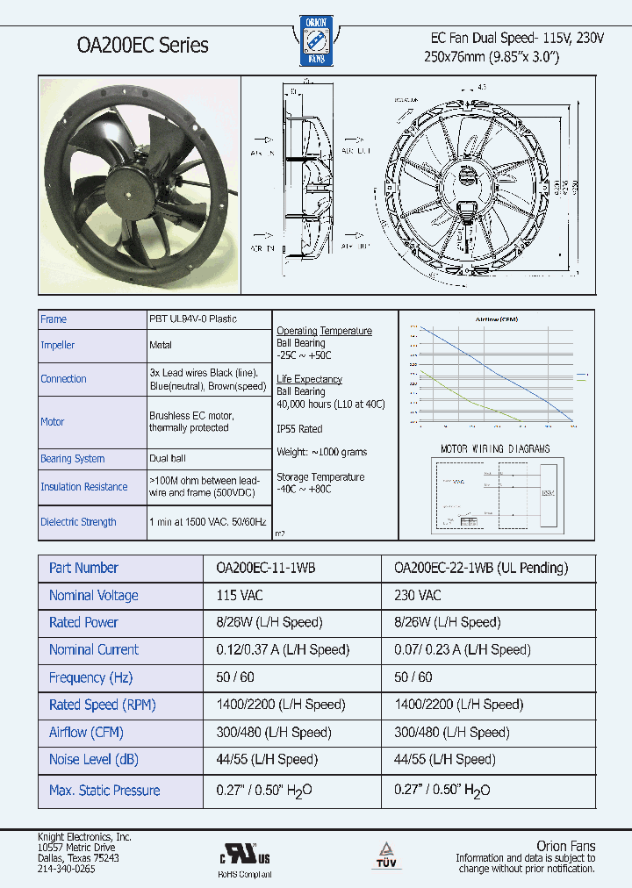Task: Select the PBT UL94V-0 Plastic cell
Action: click(193, 319)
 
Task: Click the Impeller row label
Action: click(58, 346)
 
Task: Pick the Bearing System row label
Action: click(72, 459)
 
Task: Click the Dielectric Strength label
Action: click(78, 522)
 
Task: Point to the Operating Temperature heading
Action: click(324, 331)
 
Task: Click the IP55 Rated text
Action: click(299, 429)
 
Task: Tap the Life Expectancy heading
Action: click(309, 379)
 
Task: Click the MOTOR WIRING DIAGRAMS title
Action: click(495, 449)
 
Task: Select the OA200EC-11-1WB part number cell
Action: click(265, 568)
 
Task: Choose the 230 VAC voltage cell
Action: click(418, 595)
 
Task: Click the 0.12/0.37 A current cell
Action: click(283, 650)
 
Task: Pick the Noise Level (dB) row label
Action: click(94, 760)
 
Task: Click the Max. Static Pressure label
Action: click(104, 791)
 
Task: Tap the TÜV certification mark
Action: click(385, 853)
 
